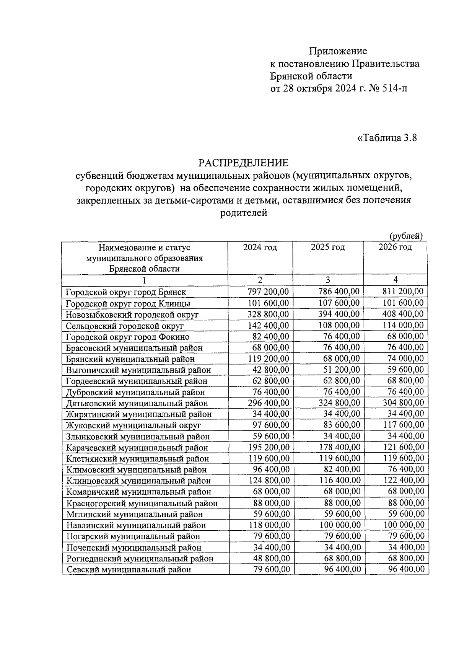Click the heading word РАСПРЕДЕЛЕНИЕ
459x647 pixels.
click(x=243, y=163)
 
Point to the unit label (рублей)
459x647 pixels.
click(x=406, y=236)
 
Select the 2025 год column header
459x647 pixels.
click(x=328, y=247)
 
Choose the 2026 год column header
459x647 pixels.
click(x=395, y=247)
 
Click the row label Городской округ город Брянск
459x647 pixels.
click(x=126, y=292)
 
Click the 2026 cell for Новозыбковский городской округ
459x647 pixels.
click(x=403, y=314)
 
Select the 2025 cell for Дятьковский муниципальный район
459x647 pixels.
click(x=340, y=403)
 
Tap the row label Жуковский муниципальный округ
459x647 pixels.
click(x=133, y=425)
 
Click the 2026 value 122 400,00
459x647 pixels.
click(x=404, y=480)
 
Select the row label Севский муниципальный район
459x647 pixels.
click(x=129, y=570)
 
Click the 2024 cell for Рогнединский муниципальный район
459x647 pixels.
click(x=272, y=558)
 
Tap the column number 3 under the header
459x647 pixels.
click(x=328, y=280)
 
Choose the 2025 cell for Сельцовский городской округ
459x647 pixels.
click(x=339, y=325)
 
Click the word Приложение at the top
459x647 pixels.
click(x=338, y=51)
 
